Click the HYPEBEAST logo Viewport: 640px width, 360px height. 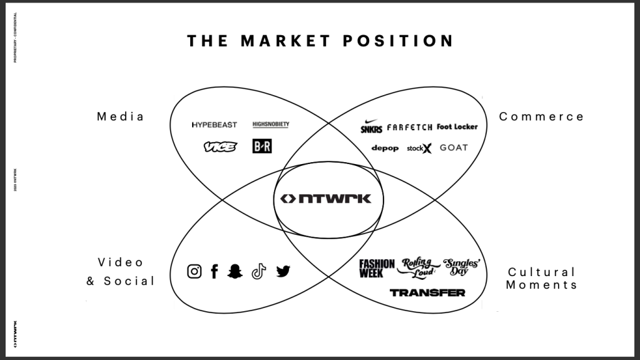[x=215, y=125]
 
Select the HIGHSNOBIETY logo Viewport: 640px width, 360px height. [x=271, y=125]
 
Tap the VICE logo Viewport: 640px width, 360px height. [x=220, y=147]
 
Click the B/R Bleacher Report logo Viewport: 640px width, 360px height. [x=262, y=147]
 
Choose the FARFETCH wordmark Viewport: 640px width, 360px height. [x=410, y=127]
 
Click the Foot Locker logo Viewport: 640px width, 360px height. [x=457, y=126]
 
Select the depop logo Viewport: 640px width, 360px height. [x=385, y=148]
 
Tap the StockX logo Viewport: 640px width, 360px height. [x=419, y=148]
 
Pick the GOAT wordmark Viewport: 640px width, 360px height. [x=454, y=148]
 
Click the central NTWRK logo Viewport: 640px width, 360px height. [x=325, y=198]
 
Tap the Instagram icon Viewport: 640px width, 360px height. [x=195, y=271]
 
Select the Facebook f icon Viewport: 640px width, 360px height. [x=214, y=271]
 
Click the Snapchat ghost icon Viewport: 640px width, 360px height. [x=235, y=271]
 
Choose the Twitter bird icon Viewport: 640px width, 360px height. [x=283, y=271]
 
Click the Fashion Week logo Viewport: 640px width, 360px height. [x=377, y=268]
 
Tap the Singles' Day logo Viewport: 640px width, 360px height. [x=460, y=267]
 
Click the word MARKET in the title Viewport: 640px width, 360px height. [x=285, y=41]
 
